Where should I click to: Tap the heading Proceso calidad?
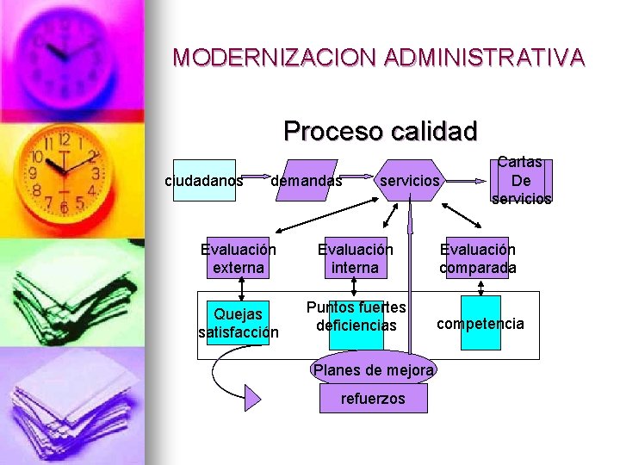click(x=380, y=131)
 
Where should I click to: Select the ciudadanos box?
click(x=204, y=181)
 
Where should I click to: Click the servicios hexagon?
click(x=410, y=181)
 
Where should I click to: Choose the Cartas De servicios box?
click(x=521, y=181)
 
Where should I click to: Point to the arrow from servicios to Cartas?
click(x=469, y=182)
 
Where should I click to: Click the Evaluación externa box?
click(x=238, y=258)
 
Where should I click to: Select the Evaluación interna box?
click(x=355, y=258)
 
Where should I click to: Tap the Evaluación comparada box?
click(x=478, y=258)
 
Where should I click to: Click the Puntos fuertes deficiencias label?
click(x=356, y=316)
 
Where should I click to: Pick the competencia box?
click(x=480, y=324)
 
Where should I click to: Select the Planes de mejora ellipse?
click(x=374, y=370)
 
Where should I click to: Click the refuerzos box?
click(x=372, y=399)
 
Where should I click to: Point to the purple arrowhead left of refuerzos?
click(x=252, y=397)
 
